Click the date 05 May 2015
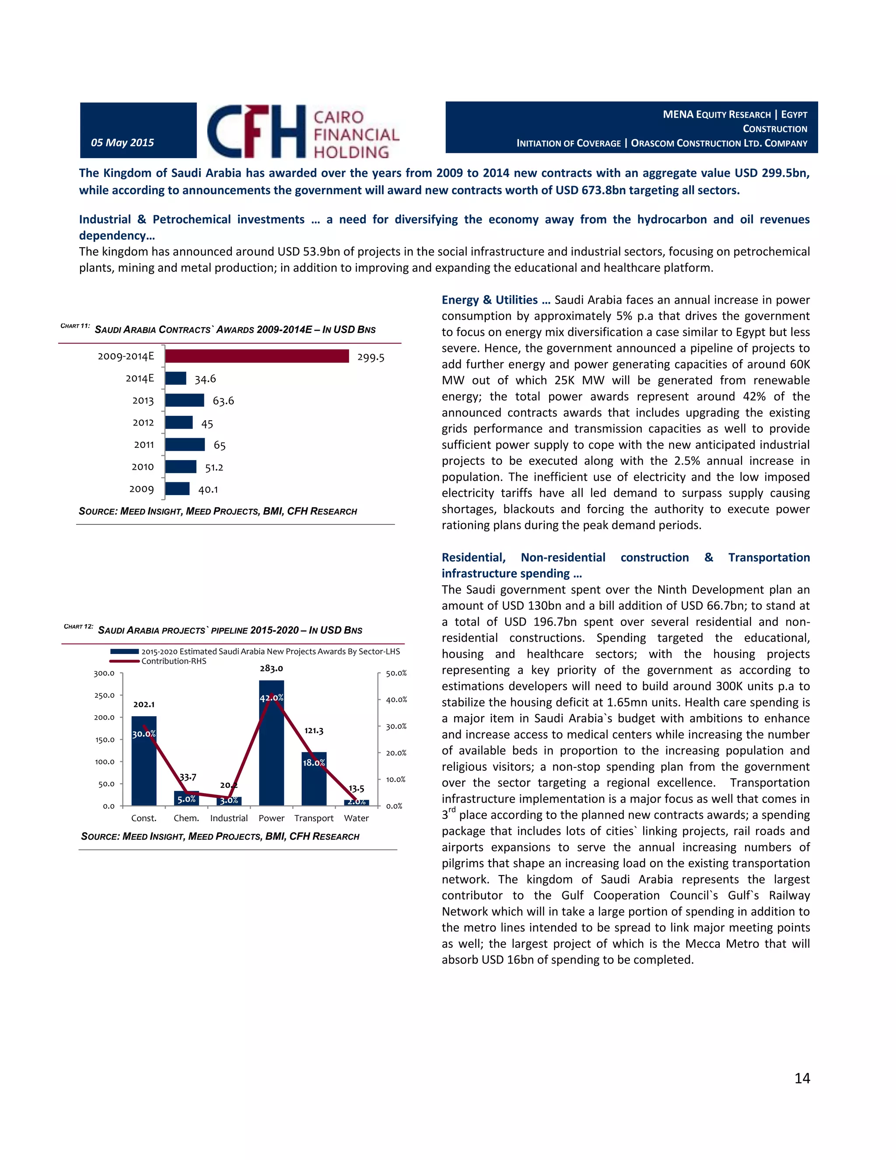tap(122, 142)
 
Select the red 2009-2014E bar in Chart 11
tap(257, 356)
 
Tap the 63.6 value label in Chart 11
tap(223, 401)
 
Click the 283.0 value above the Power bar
tap(271, 668)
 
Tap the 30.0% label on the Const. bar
tap(144, 734)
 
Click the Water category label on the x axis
tap(356, 818)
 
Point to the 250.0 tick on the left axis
tap(105, 695)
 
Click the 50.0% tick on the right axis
tap(396, 673)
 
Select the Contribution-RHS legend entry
tap(174, 661)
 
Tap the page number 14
tap(802, 1078)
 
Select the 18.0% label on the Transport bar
tap(314, 763)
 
